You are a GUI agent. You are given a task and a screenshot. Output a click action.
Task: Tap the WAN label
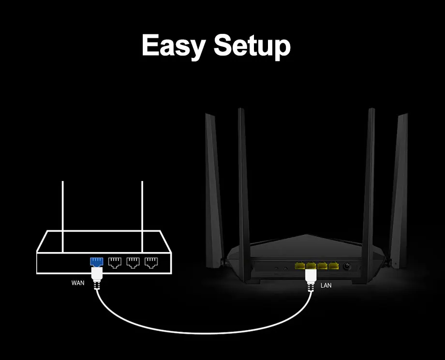(78, 283)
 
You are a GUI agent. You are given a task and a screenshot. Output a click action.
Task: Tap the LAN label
(326, 285)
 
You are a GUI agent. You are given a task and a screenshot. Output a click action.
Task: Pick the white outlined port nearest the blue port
(115, 263)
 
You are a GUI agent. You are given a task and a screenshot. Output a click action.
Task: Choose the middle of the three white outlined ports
(133, 263)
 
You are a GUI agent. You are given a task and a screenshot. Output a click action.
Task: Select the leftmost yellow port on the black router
(298, 266)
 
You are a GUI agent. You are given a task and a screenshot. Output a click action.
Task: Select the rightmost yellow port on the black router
(333, 266)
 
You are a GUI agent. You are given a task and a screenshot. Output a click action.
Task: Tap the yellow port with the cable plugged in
(310, 266)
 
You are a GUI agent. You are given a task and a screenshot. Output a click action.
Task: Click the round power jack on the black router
(346, 267)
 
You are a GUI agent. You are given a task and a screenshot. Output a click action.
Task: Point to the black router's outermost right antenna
(400, 189)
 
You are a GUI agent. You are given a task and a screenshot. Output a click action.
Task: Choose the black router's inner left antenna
(243, 184)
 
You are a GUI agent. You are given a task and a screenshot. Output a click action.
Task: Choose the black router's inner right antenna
(369, 184)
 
